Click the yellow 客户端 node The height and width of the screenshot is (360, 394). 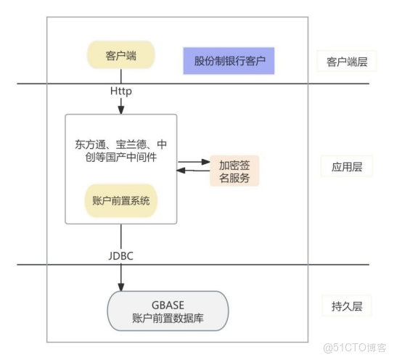pyautogui.click(x=120, y=54)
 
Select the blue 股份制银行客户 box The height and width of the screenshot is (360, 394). pyautogui.click(x=229, y=61)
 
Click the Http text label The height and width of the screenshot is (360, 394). pyautogui.click(x=121, y=92)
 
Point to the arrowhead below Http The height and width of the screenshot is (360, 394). pyautogui.click(x=121, y=110)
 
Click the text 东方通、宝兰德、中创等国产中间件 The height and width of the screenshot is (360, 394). pyautogui.click(x=120, y=150)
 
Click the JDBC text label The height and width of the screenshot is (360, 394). pyautogui.click(x=121, y=255)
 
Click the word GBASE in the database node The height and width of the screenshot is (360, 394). pyautogui.click(x=168, y=305)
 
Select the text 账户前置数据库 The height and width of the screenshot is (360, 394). pyautogui.click(x=168, y=318)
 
